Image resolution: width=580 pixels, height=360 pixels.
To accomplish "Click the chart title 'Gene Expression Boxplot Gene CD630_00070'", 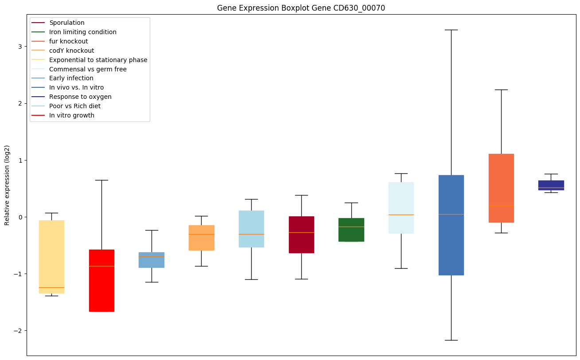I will click(301, 8).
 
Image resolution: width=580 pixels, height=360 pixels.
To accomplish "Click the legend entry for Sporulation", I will click(67, 23).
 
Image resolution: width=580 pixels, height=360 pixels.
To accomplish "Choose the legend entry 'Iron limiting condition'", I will click(83, 32).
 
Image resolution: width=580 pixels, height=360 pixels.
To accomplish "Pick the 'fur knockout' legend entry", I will click(69, 41).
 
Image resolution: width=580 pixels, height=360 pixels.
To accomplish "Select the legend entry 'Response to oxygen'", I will click(80, 97).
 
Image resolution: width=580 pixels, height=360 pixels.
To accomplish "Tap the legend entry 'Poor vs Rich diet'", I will click(75, 106).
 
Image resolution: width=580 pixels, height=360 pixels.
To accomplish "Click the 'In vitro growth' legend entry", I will click(72, 115).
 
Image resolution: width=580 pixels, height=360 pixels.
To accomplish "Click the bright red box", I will click(101, 281).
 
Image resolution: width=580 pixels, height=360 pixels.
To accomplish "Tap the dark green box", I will click(351, 230).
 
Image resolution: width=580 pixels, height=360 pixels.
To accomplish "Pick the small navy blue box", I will click(551, 185).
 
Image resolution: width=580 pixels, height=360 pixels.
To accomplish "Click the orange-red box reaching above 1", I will click(501, 188).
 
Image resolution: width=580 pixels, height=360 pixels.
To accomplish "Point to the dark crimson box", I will click(301, 235).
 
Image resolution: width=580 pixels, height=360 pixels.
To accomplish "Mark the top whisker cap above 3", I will click(451, 30).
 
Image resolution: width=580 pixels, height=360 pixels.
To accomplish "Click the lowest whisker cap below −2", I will click(451, 340).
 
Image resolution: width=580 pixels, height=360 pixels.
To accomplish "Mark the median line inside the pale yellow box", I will click(51, 287).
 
